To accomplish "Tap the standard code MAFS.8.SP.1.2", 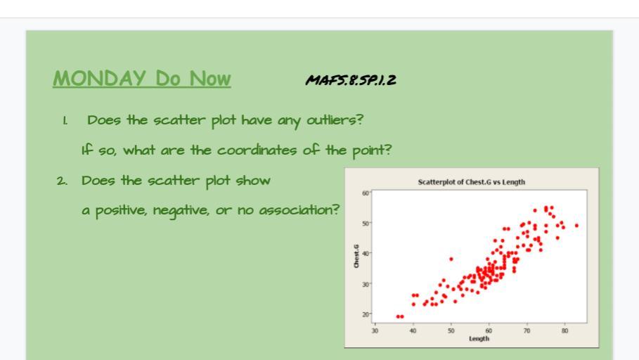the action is coord(351,80).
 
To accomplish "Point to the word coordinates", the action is coord(257,150).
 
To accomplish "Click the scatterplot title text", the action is coord(472,182).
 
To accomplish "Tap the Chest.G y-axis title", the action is coord(356,256).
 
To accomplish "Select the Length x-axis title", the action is coord(479,338).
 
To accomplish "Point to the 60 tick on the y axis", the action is coord(365,193).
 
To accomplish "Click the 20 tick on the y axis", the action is coord(365,314).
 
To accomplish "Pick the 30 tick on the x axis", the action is coord(375,330).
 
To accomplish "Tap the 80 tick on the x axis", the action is coord(564,330).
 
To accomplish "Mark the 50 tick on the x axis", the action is coord(451,330).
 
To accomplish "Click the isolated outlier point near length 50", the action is coord(451,259).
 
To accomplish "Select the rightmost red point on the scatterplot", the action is coord(576,226).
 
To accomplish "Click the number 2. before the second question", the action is coord(63,181).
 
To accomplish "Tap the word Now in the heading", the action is coord(210,78).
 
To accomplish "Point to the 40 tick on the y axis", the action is coord(365,254).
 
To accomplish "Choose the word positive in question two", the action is coord(121,211).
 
